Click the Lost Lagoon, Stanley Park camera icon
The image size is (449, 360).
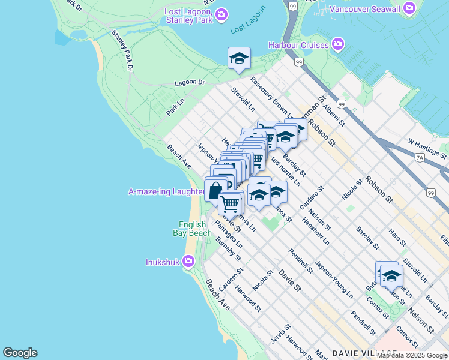(x=221, y=13)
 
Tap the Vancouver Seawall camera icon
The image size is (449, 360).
(x=409, y=8)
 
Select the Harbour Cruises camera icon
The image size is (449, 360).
(x=338, y=44)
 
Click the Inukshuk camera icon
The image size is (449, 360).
(x=188, y=262)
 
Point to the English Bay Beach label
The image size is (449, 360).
(x=195, y=229)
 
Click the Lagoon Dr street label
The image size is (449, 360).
(x=190, y=83)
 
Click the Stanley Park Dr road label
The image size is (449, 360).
(x=122, y=47)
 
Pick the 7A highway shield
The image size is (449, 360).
(x=420, y=158)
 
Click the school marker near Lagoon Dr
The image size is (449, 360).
(x=239, y=58)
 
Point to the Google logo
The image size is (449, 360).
(x=20, y=353)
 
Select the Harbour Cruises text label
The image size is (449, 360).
(x=298, y=45)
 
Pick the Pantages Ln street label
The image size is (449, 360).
(x=228, y=236)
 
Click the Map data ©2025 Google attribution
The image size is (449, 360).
(x=411, y=355)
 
